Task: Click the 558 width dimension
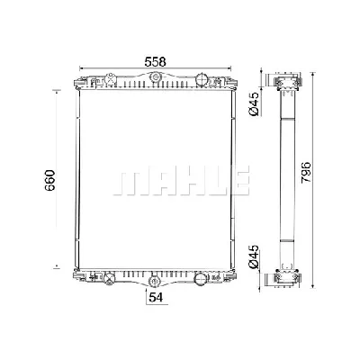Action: pos(156,60)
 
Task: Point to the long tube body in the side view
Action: pos(290,179)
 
